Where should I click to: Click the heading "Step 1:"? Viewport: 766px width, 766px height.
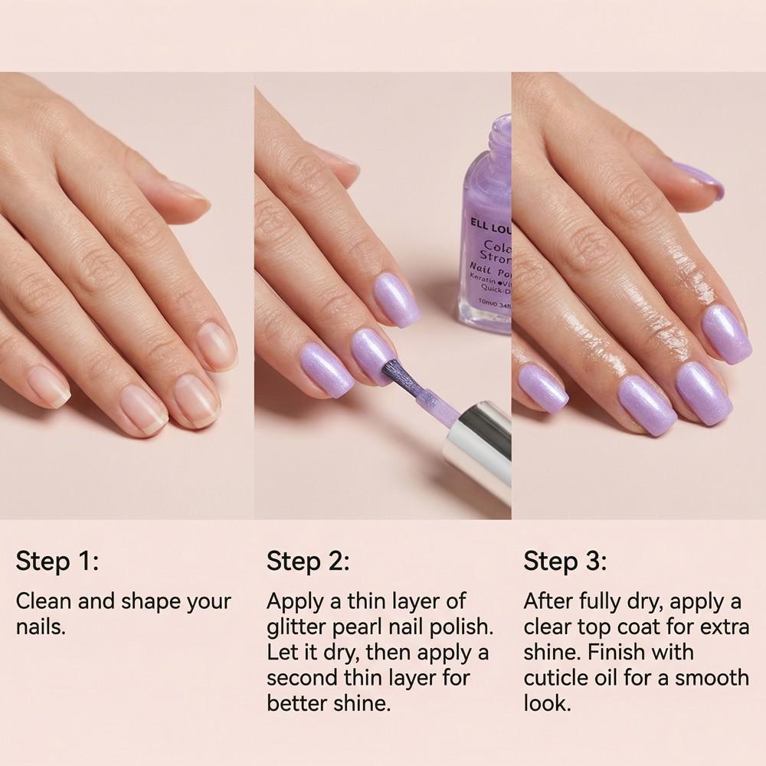57,561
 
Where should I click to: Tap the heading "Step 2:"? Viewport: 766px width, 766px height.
308,561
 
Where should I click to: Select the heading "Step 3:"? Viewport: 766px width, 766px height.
565,561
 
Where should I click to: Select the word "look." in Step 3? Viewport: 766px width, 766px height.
547,704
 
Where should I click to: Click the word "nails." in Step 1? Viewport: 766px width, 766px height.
41,627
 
